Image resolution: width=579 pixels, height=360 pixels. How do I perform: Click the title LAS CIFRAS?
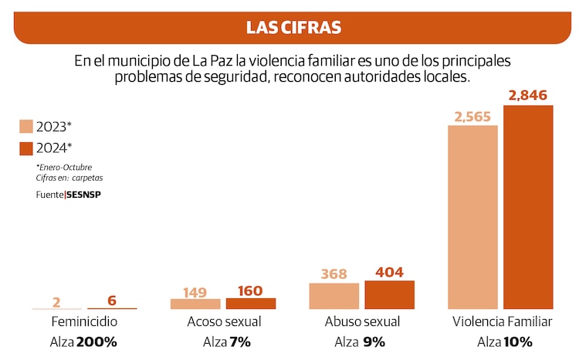click(x=293, y=28)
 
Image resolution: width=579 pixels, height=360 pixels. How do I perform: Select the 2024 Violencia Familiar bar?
click(x=528, y=207)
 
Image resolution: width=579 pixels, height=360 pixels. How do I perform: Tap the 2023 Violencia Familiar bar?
click(x=472, y=217)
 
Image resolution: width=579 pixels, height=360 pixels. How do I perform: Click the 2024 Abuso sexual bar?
click(x=389, y=295)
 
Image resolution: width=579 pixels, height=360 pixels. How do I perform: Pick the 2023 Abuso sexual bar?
click(x=334, y=297)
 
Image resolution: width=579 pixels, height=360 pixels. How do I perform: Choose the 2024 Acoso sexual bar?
click(x=250, y=304)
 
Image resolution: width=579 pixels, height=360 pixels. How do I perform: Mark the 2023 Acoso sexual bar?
click(x=195, y=304)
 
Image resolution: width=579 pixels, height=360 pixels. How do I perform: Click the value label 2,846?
click(x=528, y=96)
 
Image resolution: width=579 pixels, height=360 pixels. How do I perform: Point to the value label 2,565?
click(x=472, y=117)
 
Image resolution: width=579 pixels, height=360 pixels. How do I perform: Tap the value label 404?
click(x=389, y=272)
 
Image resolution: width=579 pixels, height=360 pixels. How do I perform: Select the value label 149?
click(x=195, y=292)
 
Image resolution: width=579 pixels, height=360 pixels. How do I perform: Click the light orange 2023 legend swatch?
click(x=25, y=127)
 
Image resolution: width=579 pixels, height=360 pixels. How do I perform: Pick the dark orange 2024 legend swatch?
click(x=25, y=148)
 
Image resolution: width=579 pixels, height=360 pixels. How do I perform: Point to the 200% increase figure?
click(x=96, y=341)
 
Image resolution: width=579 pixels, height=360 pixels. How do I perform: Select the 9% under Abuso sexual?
click(x=374, y=341)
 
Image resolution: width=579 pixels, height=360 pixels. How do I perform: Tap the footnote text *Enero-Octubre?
click(x=69, y=167)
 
